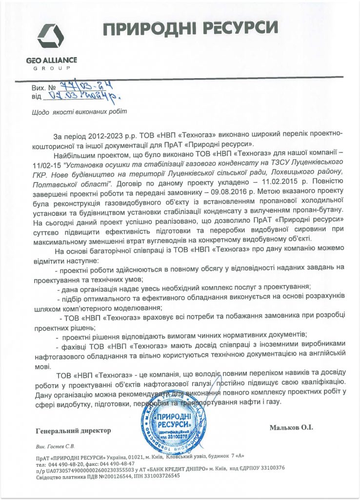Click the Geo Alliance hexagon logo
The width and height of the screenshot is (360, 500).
(x=50, y=39)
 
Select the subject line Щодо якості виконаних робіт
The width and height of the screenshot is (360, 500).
(x=79, y=112)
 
